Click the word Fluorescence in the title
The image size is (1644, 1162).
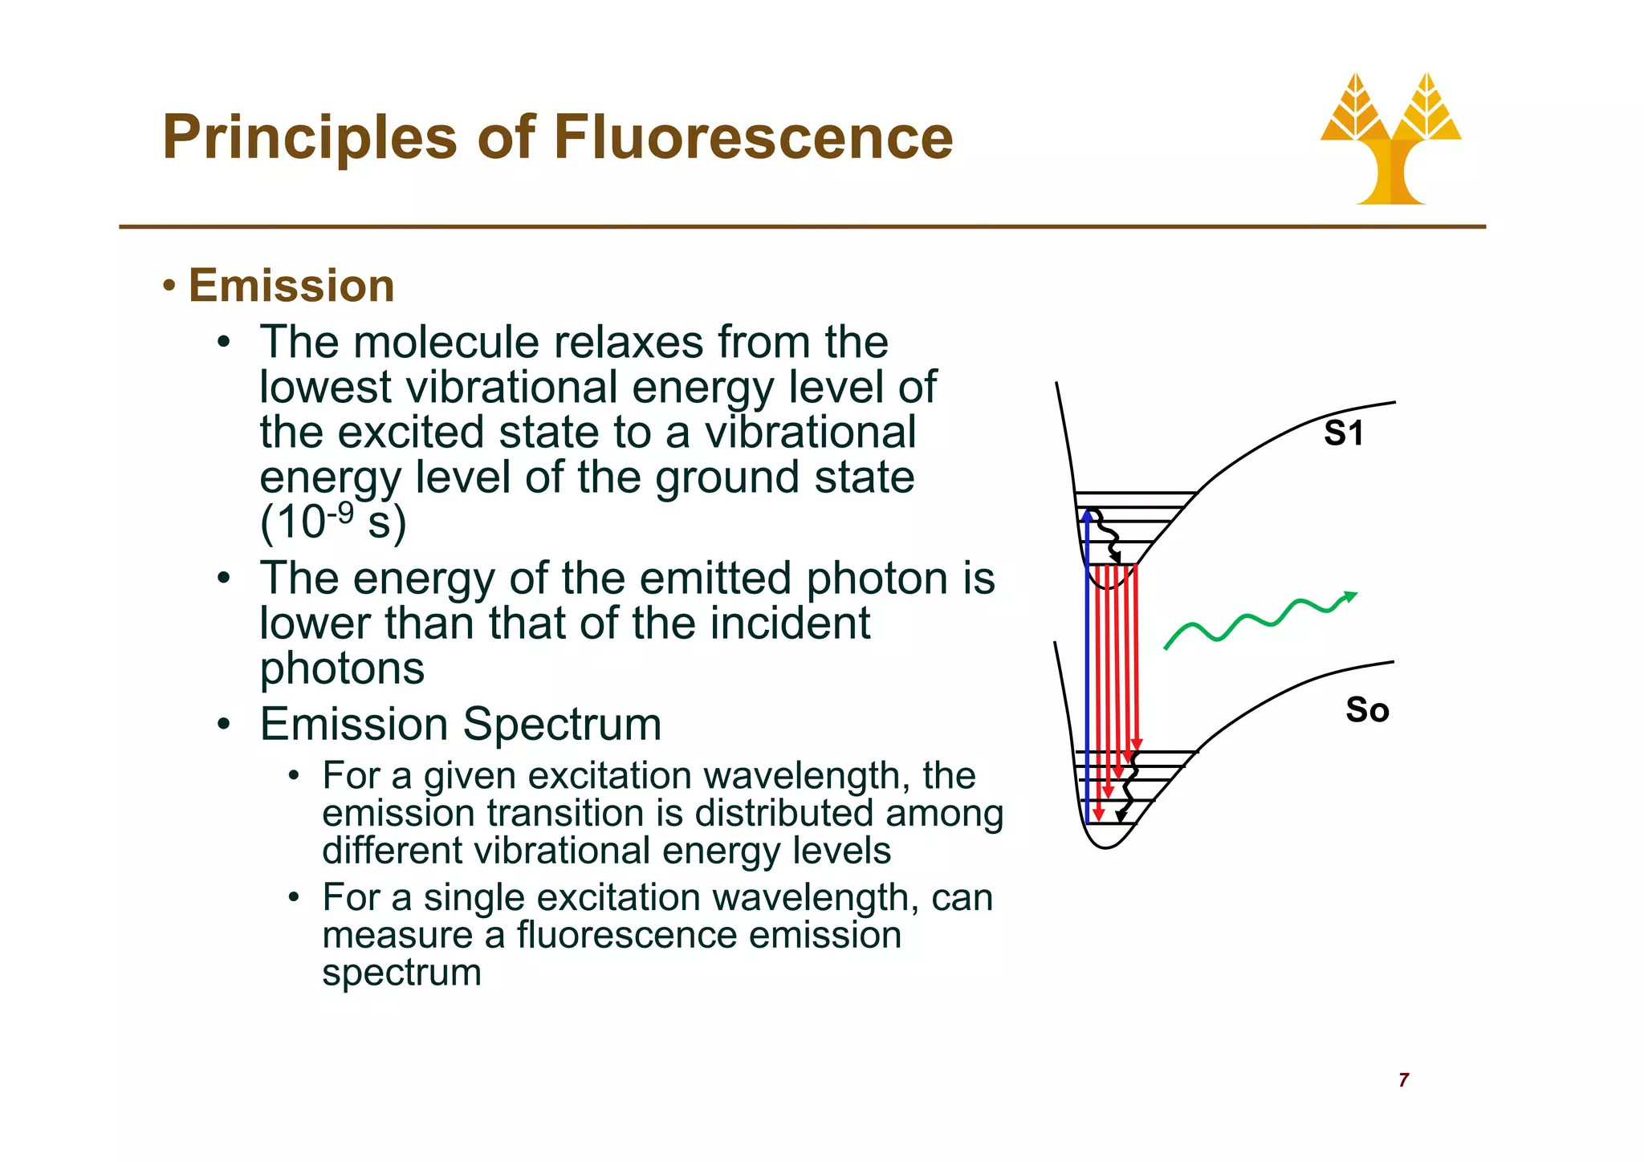click(x=752, y=137)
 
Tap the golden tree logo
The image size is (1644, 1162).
click(x=1390, y=140)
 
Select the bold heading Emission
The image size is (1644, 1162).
click(x=291, y=286)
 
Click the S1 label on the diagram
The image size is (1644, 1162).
click(x=1343, y=434)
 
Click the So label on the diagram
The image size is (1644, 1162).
click(x=1367, y=710)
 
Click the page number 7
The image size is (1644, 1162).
click(x=1403, y=1080)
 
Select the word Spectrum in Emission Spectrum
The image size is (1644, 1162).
click(x=562, y=724)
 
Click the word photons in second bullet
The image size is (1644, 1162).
click(x=342, y=668)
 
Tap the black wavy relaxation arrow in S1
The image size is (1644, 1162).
click(x=1105, y=534)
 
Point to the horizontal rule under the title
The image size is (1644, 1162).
click(x=803, y=227)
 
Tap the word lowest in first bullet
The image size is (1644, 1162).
click(x=326, y=388)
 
